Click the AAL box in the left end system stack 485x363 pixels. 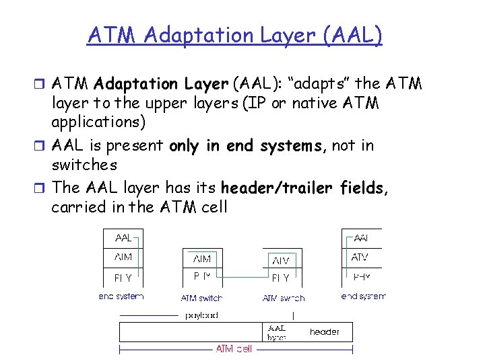point(123,238)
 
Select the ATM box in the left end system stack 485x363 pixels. point(123,257)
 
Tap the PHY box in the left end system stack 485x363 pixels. point(123,277)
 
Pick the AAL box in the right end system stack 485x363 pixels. point(362,238)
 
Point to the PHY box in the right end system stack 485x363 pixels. point(362,277)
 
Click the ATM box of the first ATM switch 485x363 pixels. point(202,258)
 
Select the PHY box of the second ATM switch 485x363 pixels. point(281,277)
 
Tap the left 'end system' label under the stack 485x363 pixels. point(121,296)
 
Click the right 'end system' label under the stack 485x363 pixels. point(363,296)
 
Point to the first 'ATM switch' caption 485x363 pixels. point(201,298)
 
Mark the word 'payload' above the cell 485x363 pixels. point(201,315)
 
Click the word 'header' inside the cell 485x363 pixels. point(324,331)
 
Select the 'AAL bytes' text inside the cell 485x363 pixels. point(277,333)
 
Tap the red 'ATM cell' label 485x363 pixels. point(234,349)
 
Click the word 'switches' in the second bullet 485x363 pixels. point(84,165)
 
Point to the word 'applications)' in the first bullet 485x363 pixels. point(97,124)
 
